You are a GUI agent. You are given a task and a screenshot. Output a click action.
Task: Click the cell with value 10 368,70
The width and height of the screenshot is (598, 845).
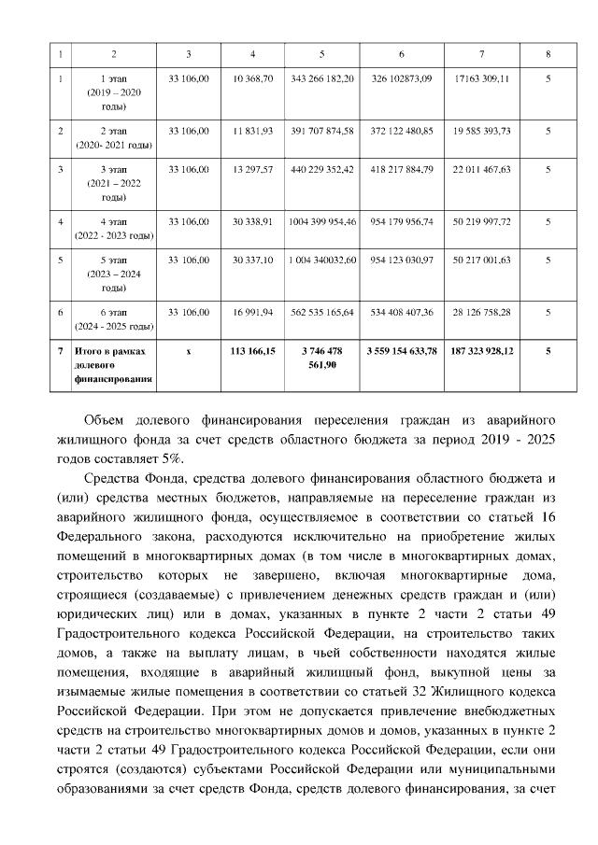(x=253, y=80)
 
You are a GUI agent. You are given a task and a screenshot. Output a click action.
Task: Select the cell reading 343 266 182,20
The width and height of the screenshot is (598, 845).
(x=321, y=80)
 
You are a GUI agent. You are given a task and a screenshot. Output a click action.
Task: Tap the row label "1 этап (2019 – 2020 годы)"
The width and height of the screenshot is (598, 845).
(x=114, y=94)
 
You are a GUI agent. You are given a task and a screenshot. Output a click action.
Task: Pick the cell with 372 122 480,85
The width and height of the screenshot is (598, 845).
(x=401, y=131)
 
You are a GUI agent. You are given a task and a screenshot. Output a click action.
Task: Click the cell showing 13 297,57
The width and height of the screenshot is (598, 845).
(x=253, y=170)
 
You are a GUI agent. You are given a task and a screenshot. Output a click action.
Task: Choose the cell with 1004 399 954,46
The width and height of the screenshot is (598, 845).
(x=322, y=221)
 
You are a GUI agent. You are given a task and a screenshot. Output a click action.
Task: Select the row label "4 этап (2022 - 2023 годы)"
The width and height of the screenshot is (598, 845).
(x=114, y=229)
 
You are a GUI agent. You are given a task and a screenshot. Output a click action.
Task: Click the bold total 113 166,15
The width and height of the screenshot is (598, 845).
(x=253, y=351)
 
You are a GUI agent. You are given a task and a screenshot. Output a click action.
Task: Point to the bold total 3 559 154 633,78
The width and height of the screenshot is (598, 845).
(x=401, y=351)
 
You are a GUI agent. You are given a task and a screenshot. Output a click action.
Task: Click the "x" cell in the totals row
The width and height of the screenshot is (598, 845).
(x=189, y=351)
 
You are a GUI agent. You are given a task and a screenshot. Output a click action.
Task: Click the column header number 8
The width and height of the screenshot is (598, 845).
(x=548, y=53)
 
